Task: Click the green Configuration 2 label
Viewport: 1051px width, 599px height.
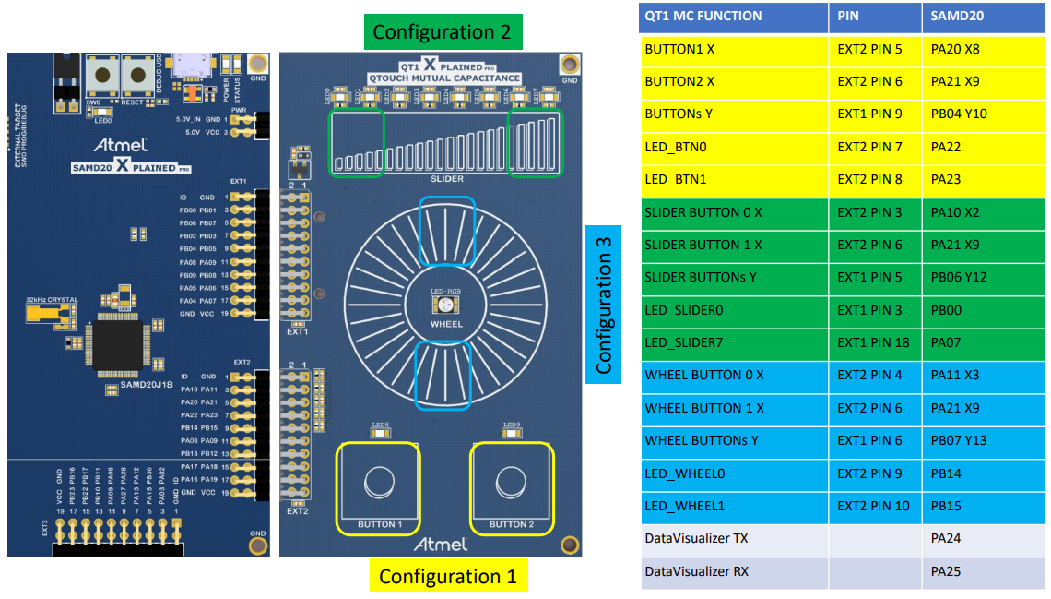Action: pyautogui.click(x=442, y=32)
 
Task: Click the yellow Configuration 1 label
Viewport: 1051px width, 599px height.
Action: pyautogui.click(x=447, y=577)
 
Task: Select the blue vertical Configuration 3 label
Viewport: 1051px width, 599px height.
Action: pyautogui.click(x=603, y=300)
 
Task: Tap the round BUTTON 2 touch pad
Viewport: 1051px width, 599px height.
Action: pyautogui.click(x=511, y=483)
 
